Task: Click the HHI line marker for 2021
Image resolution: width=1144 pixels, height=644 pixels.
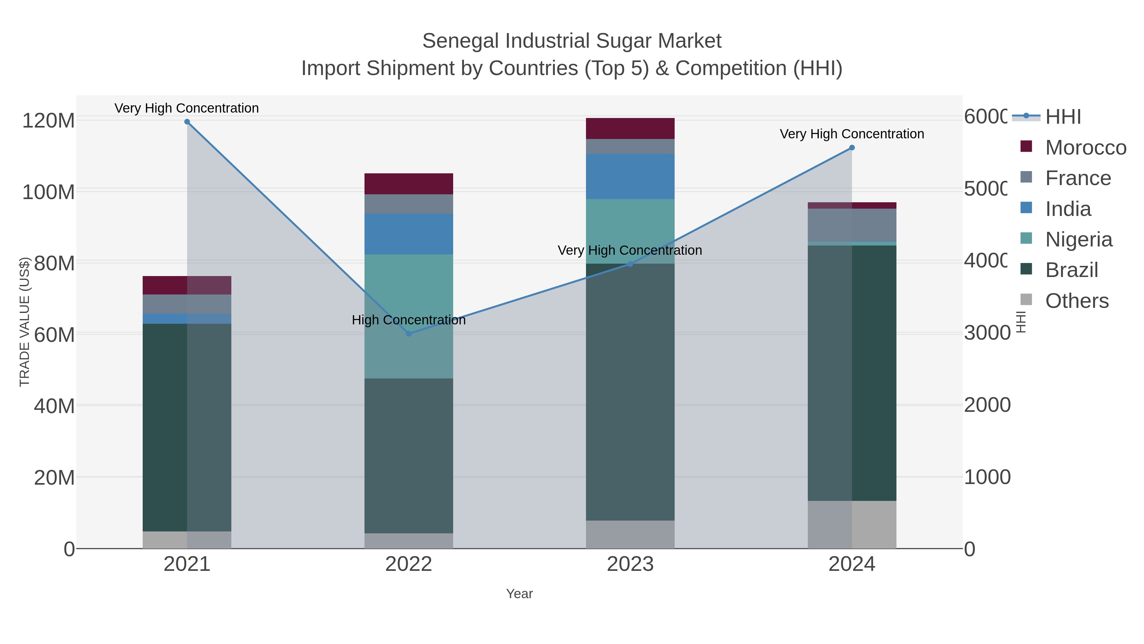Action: point(187,122)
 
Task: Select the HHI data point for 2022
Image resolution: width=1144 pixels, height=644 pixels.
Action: point(409,333)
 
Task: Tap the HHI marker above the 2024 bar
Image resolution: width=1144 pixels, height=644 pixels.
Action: point(852,148)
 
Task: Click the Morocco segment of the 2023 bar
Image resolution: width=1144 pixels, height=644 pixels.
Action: point(630,128)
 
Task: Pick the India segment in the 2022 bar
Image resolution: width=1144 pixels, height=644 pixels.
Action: point(409,234)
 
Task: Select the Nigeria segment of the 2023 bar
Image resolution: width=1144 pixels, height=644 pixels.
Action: point(630,231)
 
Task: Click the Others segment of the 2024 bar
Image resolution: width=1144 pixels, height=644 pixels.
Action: point(852,524)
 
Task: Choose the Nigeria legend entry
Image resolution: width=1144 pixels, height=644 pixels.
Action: point(1078,239)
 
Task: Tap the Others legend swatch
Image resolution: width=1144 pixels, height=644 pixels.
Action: point(1026,300)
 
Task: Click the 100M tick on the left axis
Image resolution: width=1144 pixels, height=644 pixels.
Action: point(48,192)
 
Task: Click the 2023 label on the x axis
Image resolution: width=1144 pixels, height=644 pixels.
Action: point(630,564)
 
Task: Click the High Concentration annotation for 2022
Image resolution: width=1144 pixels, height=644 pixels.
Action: point(409,320)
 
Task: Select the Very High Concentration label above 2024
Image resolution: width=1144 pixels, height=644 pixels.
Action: point(852,134)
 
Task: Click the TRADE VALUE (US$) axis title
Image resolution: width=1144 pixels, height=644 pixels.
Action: point(24,322)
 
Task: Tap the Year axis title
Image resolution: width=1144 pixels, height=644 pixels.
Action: point(519,594)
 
